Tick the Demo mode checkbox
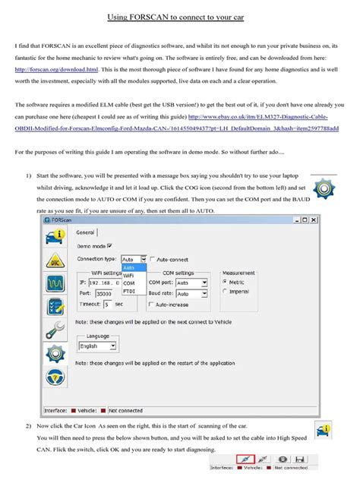click(x=110, y=245)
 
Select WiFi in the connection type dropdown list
click(x=129, y=276)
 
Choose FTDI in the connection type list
click(x=129, y=291)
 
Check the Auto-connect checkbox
click(x=153, y=259)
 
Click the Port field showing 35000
click(x=107, y=292)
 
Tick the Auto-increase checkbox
click(x=150, y=304)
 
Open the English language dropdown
click(x=97, y=346)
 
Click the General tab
click(x=85, y=232)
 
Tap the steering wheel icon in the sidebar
click(x=55, y=377)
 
